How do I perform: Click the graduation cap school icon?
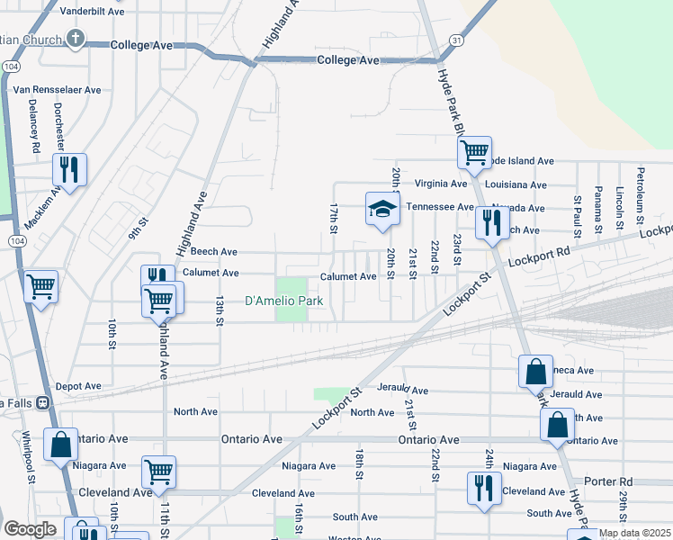(382, 210)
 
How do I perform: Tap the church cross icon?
(76, 39)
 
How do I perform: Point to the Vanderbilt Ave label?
(90, 12)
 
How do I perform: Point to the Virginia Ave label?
(440, 184)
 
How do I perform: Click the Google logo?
(30, 529)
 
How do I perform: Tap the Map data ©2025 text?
(633, 533)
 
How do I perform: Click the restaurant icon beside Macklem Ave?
(68, 168)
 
